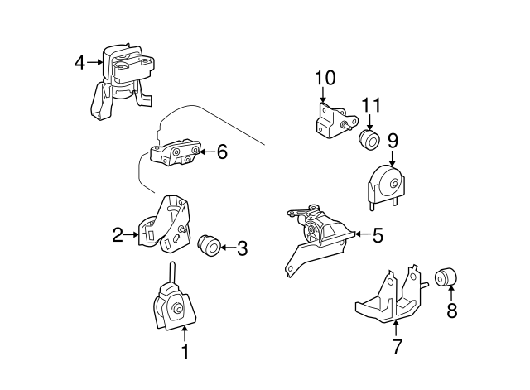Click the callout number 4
pos(79,61)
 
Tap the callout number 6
pos(221,152)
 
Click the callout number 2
pos(118,235)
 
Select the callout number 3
pos(242,246)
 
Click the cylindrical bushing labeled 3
pos(210,246)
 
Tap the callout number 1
pos(185,352)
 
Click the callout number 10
pos(325,79)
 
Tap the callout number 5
pos(378,235)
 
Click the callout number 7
pos(397,347)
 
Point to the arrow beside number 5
pos(361,235)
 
